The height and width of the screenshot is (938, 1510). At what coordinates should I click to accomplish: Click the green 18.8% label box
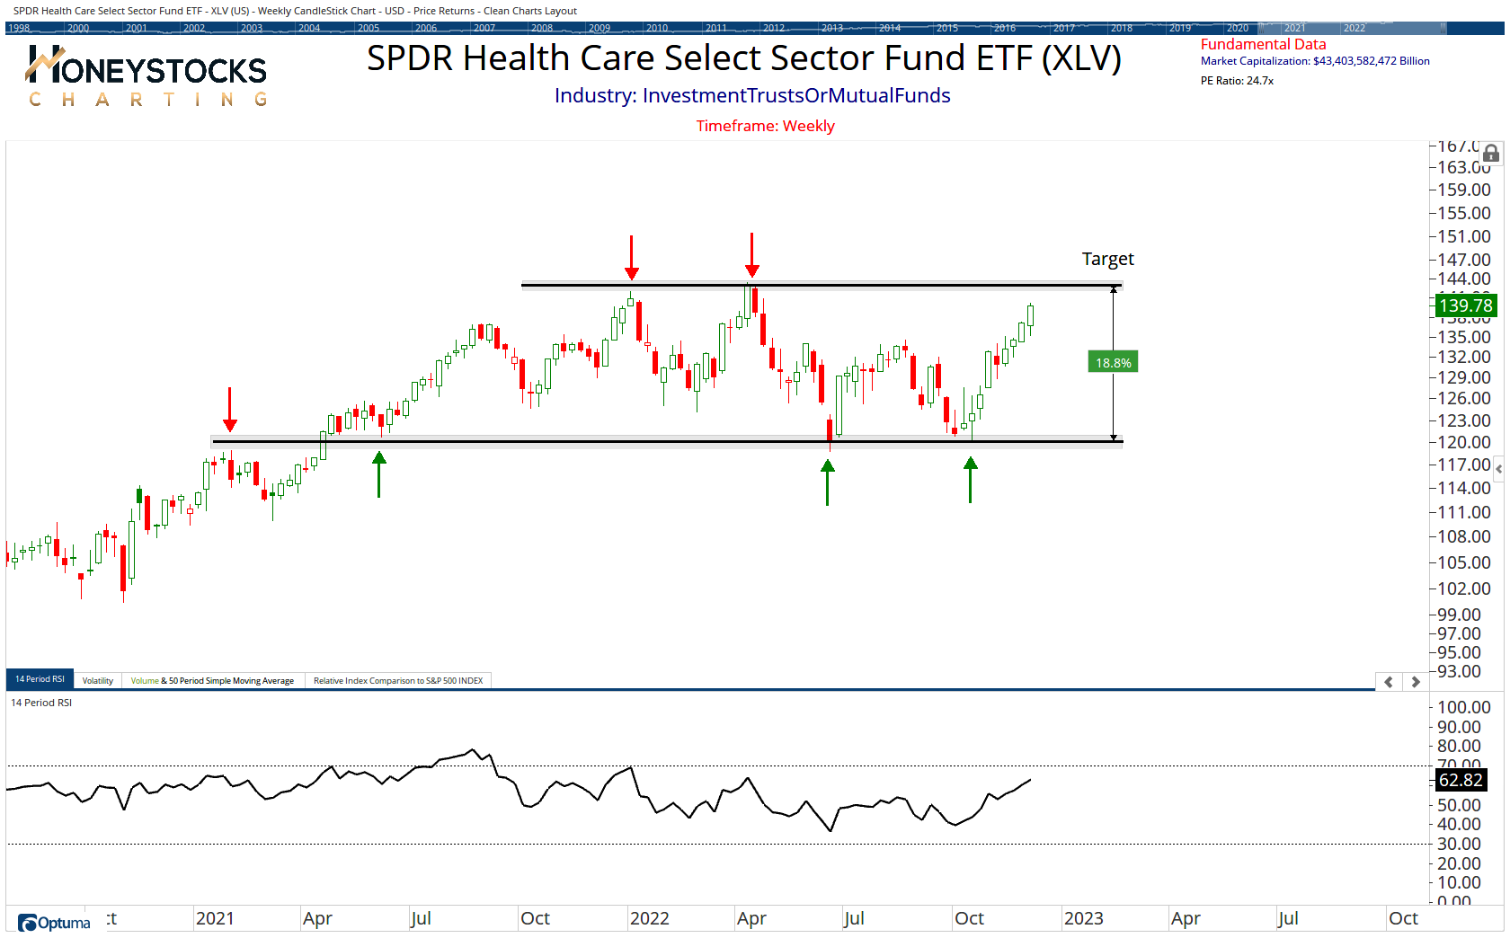(x=1113, y=362)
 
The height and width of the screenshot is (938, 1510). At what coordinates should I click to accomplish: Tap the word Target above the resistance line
(x=1107, y=259)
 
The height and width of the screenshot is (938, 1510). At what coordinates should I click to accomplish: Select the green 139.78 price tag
(x=1465, y=305)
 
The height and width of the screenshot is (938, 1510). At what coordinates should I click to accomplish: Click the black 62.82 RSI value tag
(x=1461, y=780)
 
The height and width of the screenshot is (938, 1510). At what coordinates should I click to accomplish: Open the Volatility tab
(x=98, y=680)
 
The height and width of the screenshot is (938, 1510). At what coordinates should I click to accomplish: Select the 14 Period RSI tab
(x=40, y=679)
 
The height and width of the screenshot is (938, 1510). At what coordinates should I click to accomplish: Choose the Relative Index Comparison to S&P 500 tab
(x=397, y=680)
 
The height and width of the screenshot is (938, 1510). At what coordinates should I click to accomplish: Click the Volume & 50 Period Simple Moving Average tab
(x=212, y=680)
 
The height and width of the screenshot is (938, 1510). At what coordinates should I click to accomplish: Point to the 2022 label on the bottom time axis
(x=649, y=918)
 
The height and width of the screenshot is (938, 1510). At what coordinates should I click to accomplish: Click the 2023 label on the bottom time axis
(x=1083, y=918)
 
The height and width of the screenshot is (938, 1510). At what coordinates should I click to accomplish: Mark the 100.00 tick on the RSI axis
(x=1463, y=707)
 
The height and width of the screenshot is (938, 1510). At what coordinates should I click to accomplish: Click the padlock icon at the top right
(x=1491, y=154)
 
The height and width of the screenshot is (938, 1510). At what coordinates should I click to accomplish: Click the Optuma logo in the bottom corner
(x=55, y=923)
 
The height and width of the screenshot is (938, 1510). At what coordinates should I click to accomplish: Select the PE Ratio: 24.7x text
(x=1237, y=81)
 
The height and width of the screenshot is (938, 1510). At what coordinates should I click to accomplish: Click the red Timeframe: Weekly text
(x=765, y=126)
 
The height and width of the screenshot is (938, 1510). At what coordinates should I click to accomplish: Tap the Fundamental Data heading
(x=1263, y=44)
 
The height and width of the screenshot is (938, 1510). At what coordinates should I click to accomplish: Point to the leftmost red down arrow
(x=230, y=410)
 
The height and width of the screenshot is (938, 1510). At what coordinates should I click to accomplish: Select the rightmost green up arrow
(x=970, y=479)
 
